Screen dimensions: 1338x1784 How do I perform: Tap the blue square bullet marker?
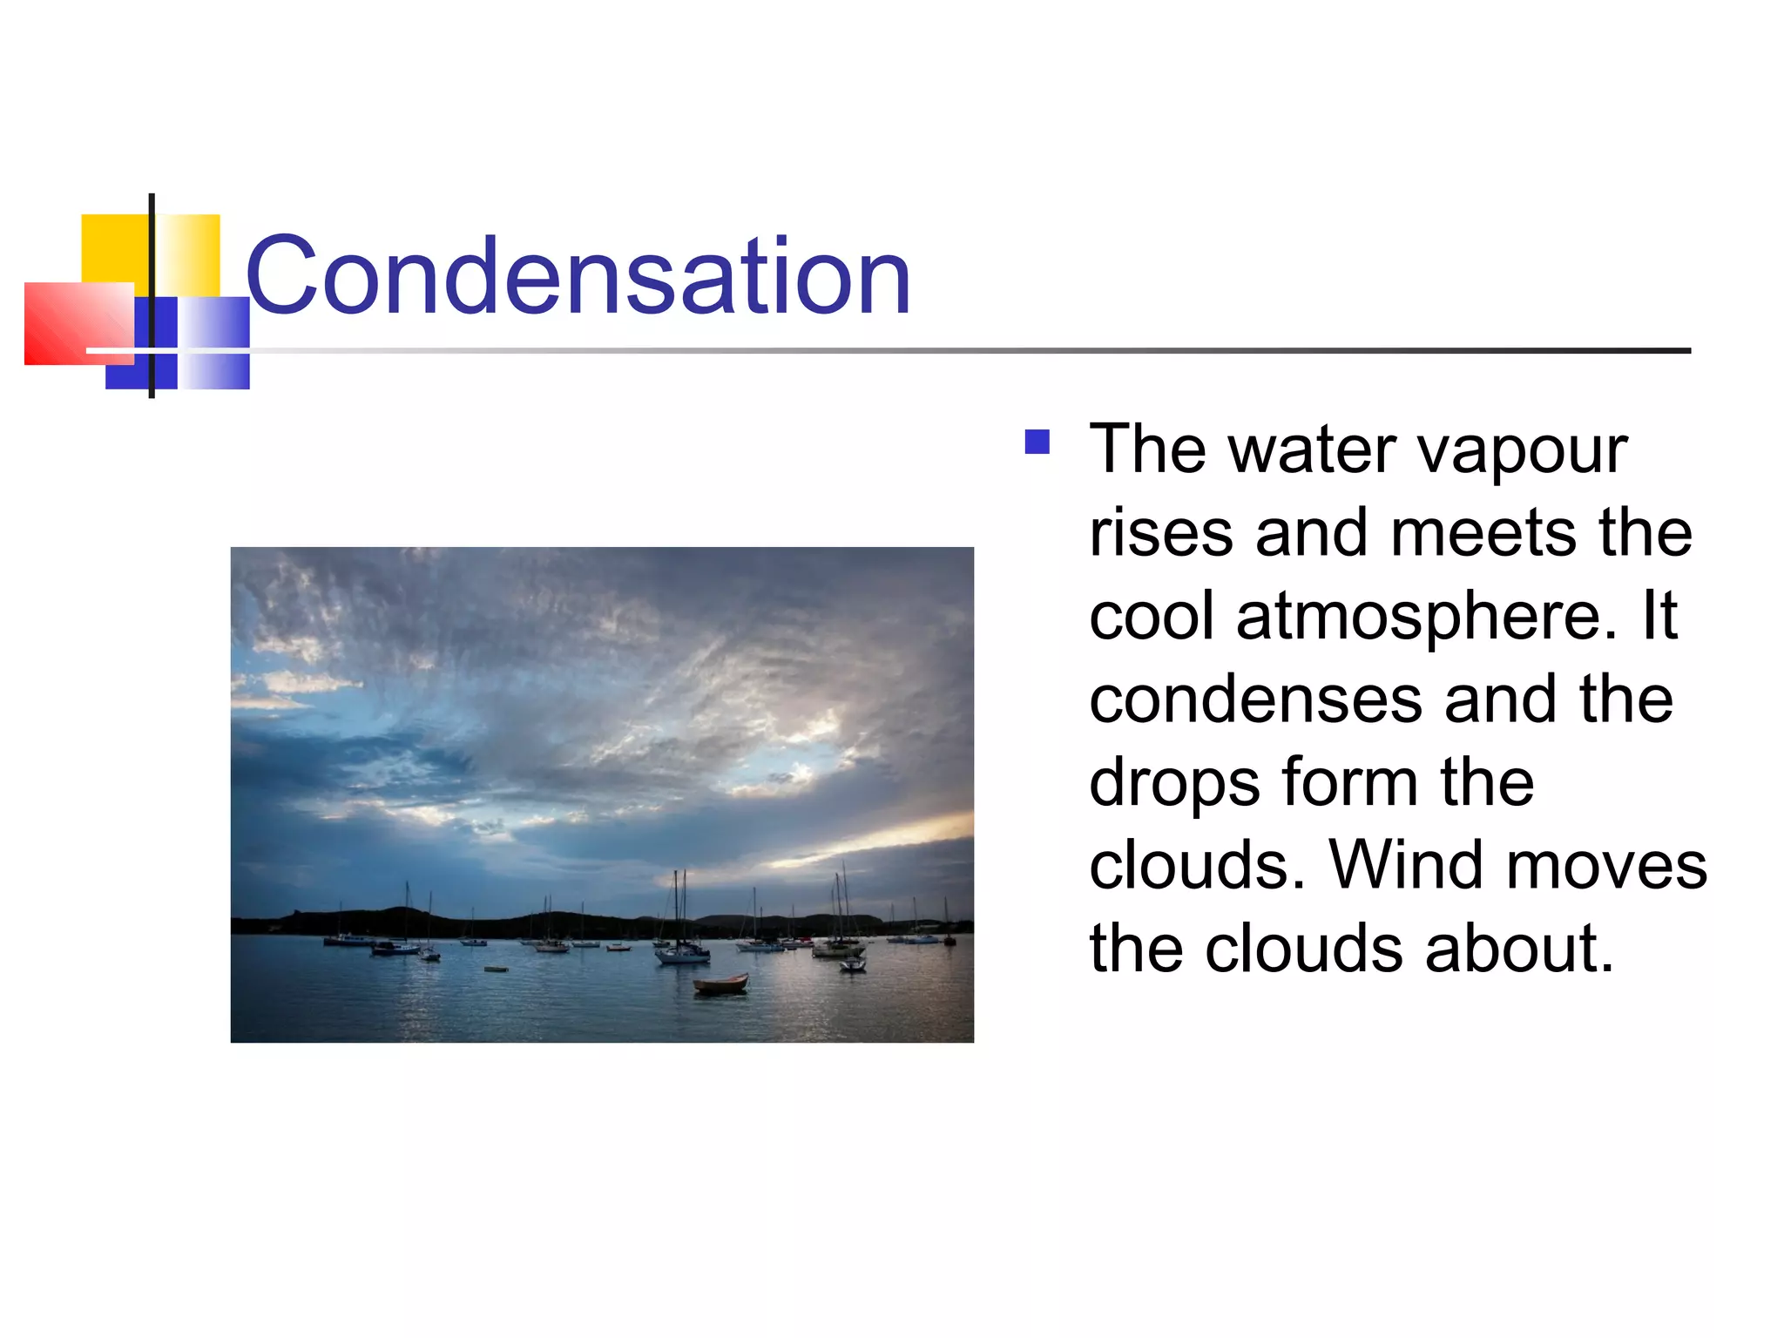pyautogui.click(x=1037, y=443)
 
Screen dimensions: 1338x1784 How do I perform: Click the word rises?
pyautogui.click(x=1161, y=533)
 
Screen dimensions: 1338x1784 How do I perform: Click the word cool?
pyautogui.click(x=1151, y=616)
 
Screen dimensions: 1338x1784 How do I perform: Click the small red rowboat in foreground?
pyautogui.click(x=720, y=984)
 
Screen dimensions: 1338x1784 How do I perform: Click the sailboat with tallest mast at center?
pyautogui.click(x=681, y=949)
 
